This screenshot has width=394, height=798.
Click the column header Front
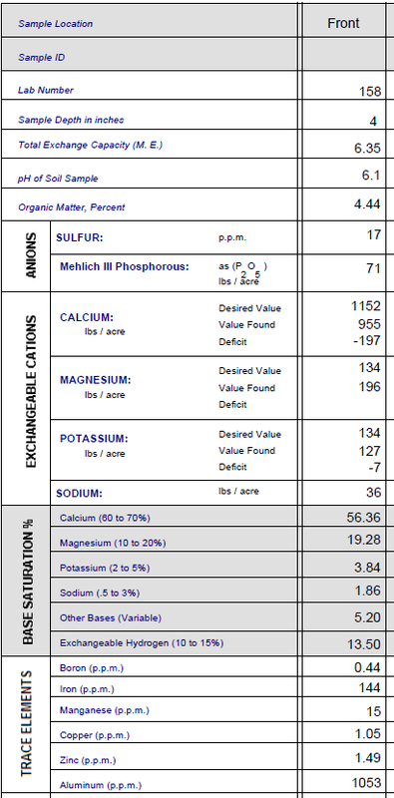point(342,23)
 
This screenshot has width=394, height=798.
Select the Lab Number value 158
point(368,92)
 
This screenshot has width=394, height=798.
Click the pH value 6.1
point(370,176)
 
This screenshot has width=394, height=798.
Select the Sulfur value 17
point(373,235)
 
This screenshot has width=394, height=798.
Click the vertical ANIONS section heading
point(31,256)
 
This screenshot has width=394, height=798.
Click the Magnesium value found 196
point(369,387)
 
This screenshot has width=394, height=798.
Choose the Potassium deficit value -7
point(373,467)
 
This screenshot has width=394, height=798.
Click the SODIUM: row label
point(80,493)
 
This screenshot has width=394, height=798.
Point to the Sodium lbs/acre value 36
point(373,492)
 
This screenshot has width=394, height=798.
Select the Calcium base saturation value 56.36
point(365,518)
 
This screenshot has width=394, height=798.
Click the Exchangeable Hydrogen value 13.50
point(365,645)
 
